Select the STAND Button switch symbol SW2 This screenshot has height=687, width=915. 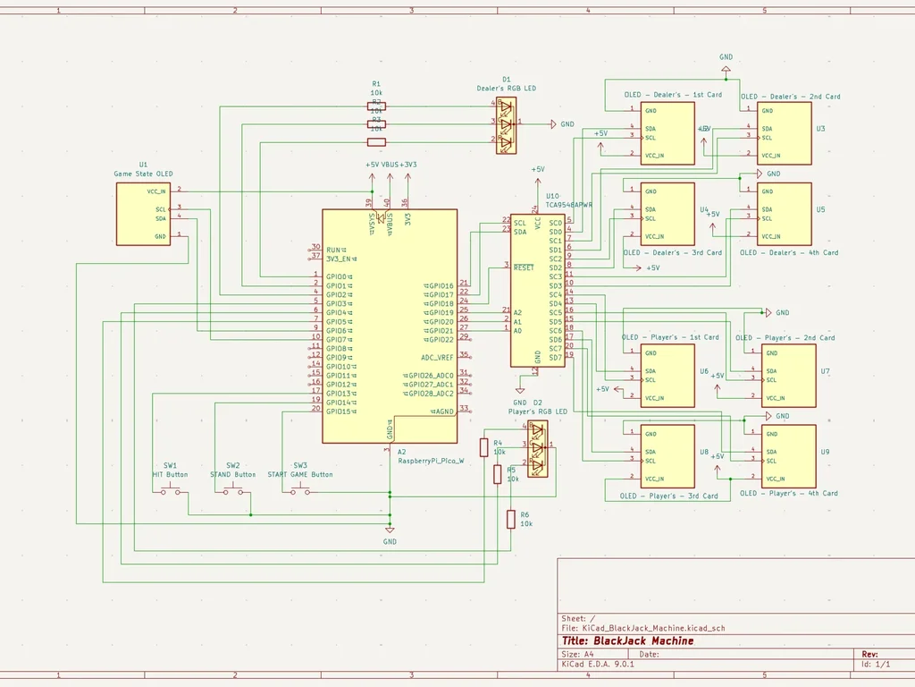click(232, 490)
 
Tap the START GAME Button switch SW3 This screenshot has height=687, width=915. click(299, 490)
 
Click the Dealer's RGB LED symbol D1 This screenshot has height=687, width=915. click(506, 123)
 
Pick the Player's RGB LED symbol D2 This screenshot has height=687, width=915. click(537, 446)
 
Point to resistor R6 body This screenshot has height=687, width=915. click(511, 520)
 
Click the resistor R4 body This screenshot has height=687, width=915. click(484, 447)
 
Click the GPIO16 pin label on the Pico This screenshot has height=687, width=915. click(440, 285)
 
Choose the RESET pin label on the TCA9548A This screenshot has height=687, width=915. click(524, 267)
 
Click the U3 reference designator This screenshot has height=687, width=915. click(820, 129)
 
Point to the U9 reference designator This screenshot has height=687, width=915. click(825, 452)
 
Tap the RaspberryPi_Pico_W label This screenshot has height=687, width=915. click(431, 461)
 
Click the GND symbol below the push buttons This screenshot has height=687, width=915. click(390, 535)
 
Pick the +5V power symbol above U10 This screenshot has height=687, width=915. click(538, 170)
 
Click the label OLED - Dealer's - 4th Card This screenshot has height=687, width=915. click(789, 252)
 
